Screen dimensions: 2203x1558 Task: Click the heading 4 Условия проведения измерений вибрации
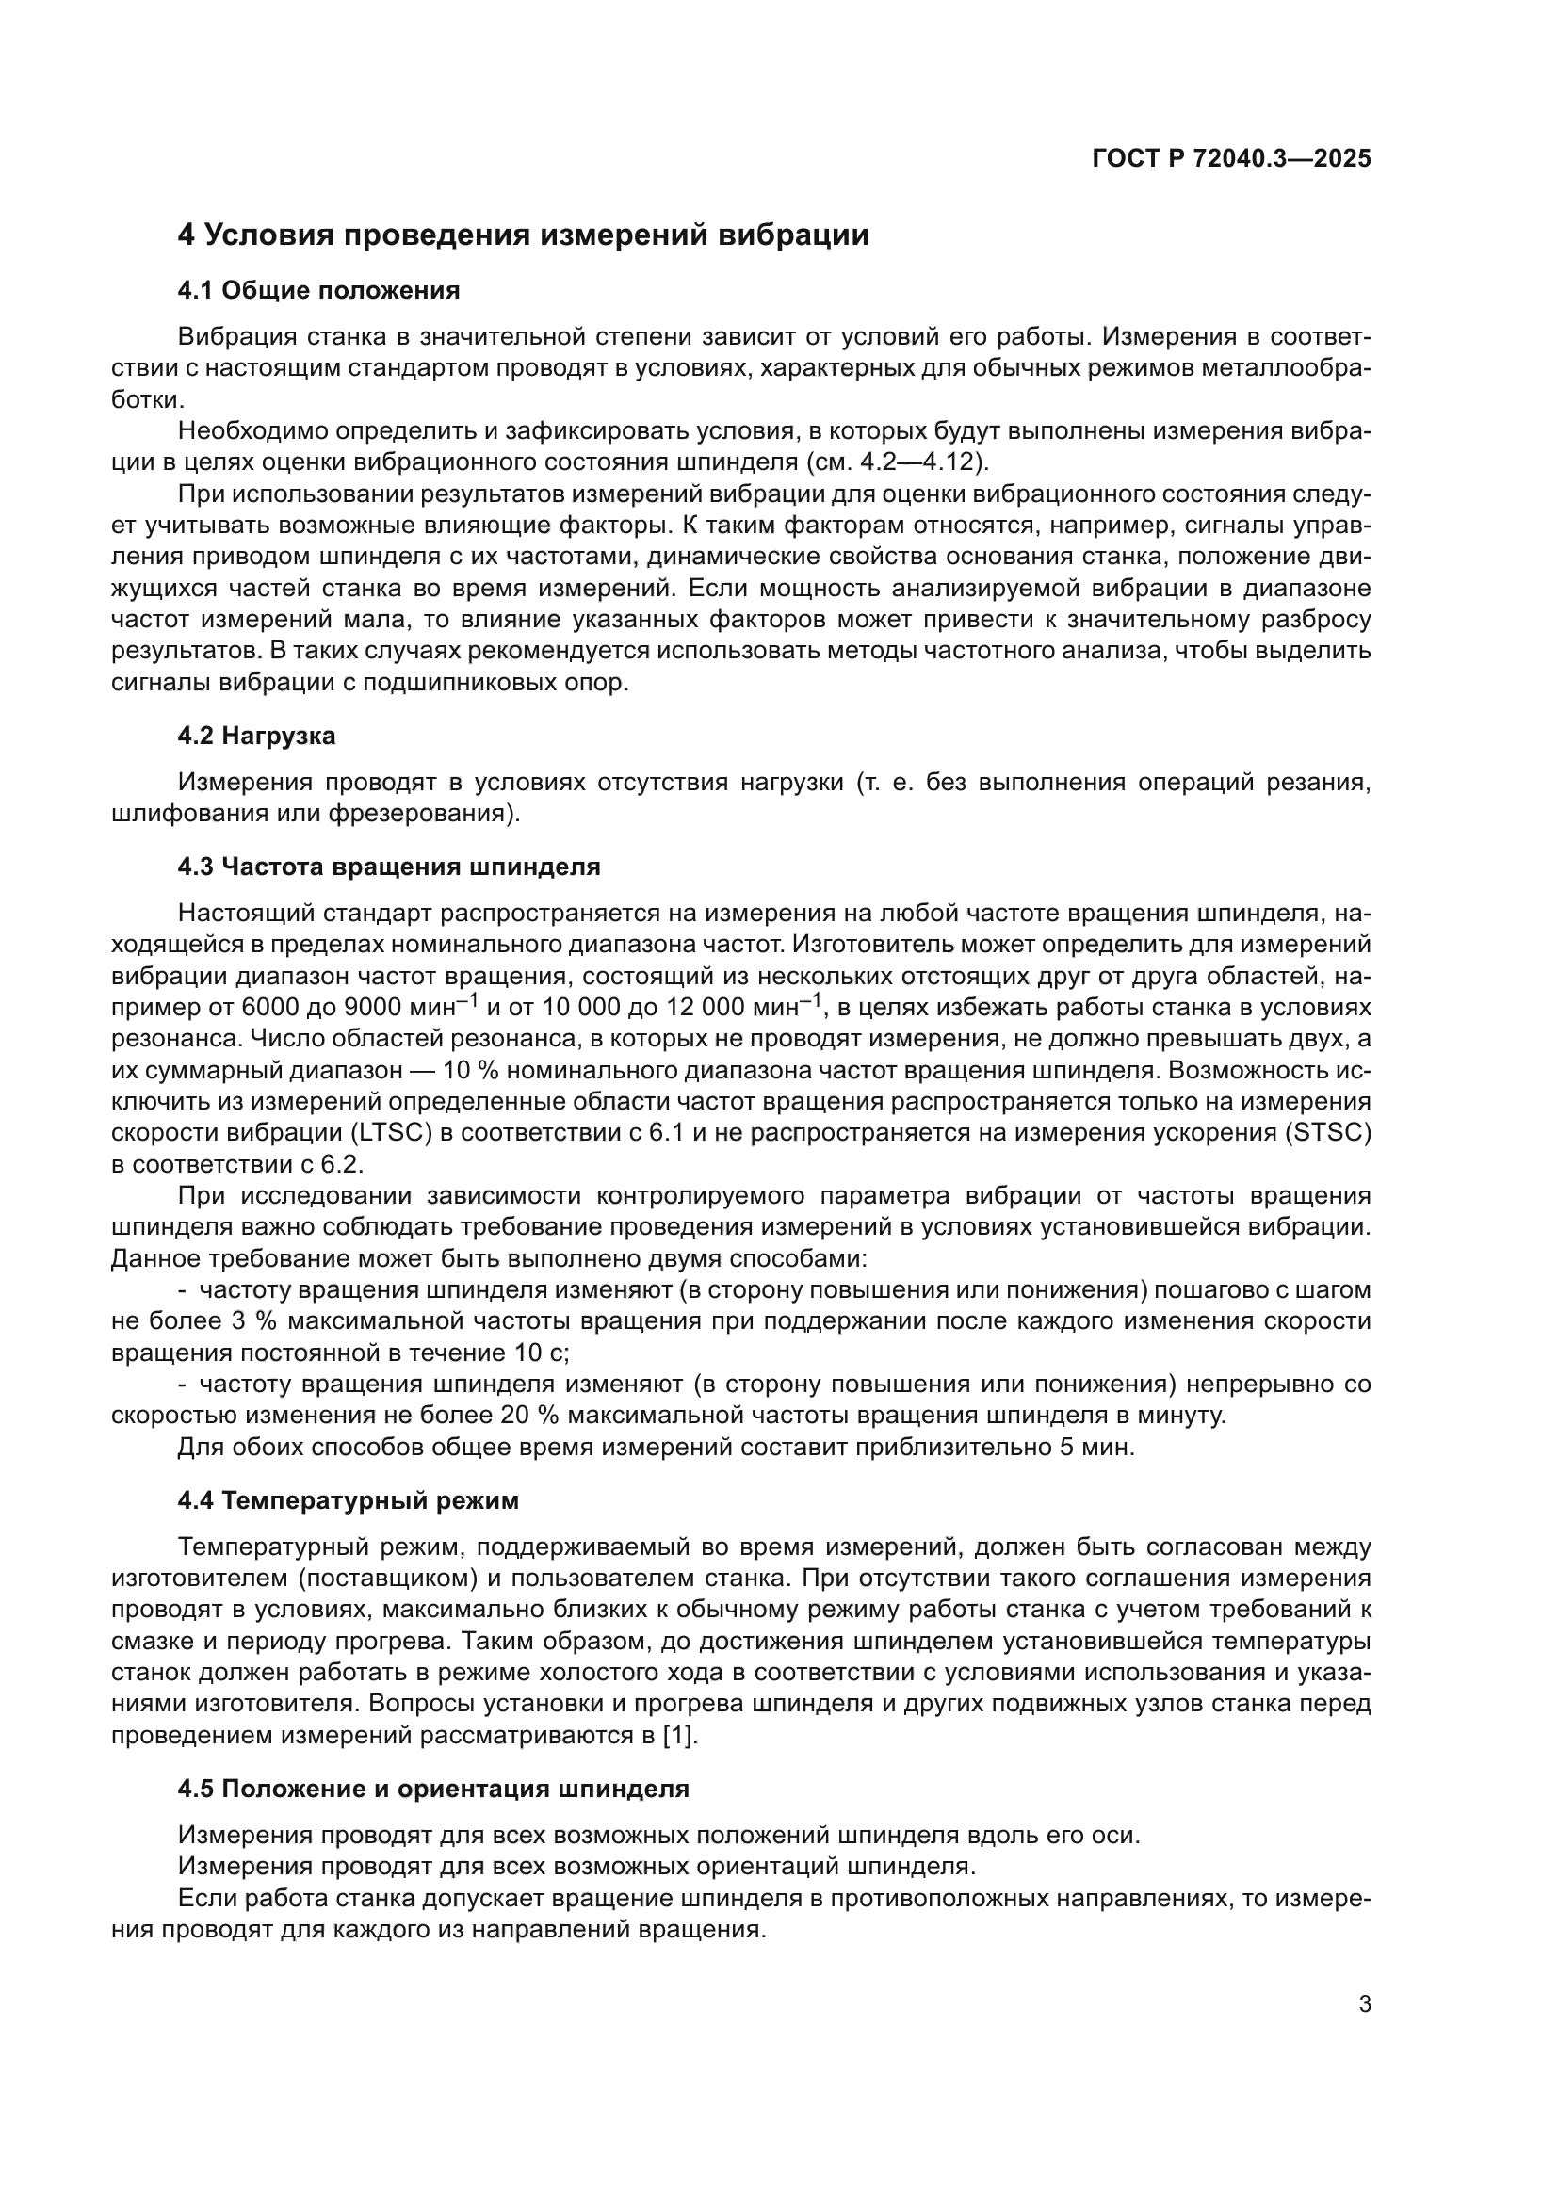[x=523, y=235]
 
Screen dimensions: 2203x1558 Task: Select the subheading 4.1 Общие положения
[x=318, y=290]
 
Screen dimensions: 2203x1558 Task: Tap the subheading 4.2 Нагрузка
[x=256, y=736]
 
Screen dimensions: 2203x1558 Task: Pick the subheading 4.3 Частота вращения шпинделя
[x=388, y=867]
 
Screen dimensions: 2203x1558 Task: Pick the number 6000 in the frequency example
[x=272, y=1008]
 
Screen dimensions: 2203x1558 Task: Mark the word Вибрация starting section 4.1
[x=236, y=337]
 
